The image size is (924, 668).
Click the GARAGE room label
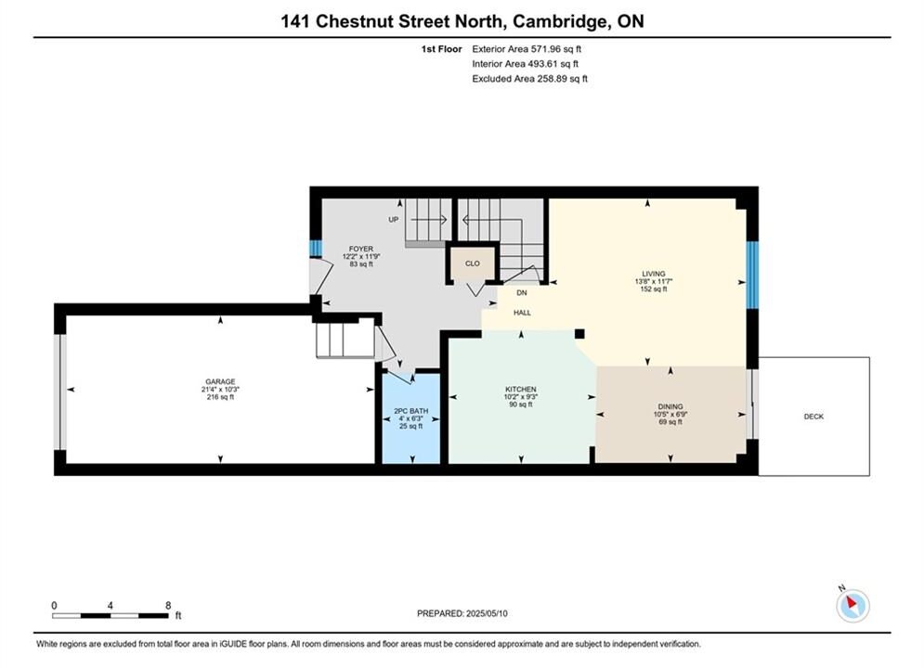pyautogui.click(x=220, y=381)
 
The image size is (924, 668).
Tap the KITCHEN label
pyautogui.click(x=521, y=389)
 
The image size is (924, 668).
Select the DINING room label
pyautogui.click(x=670, y=406)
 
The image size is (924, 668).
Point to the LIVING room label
pyautogui.click(x=654, y=274)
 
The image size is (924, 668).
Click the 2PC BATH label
pyautogui.click(x=411, y=411)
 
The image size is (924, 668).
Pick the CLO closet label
pyautogui.click(x=473, y=263)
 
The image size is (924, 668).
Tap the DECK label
pyautogui.click(x=813, y=416)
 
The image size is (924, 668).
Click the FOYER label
pyautogui.click(x=360, y=249)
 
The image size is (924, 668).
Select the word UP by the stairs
pyautogui.click(x=394, y=220)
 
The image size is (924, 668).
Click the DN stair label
pyautogui.click(x=522, y=292)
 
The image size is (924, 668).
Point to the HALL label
pyautogui.click(x=522, y=313)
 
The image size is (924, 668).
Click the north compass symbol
pyautogui.click(x=852, y=605)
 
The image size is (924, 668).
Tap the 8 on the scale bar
pyautogui.click(x=168, y=605)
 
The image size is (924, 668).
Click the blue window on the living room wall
pyautogui.click(x=752, y=275)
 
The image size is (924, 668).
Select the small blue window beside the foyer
pyautogui.click(x=316, y=249)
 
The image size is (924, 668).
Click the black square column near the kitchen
pyautogui.click(x=579, y=334)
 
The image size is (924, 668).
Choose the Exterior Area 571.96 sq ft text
pyautogui.click(x=527, y=49)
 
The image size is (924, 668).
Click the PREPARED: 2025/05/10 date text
pyautogui.click(x=462, y=613)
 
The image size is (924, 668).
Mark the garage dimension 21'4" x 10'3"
pyautogui.click(x=220, y=389)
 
